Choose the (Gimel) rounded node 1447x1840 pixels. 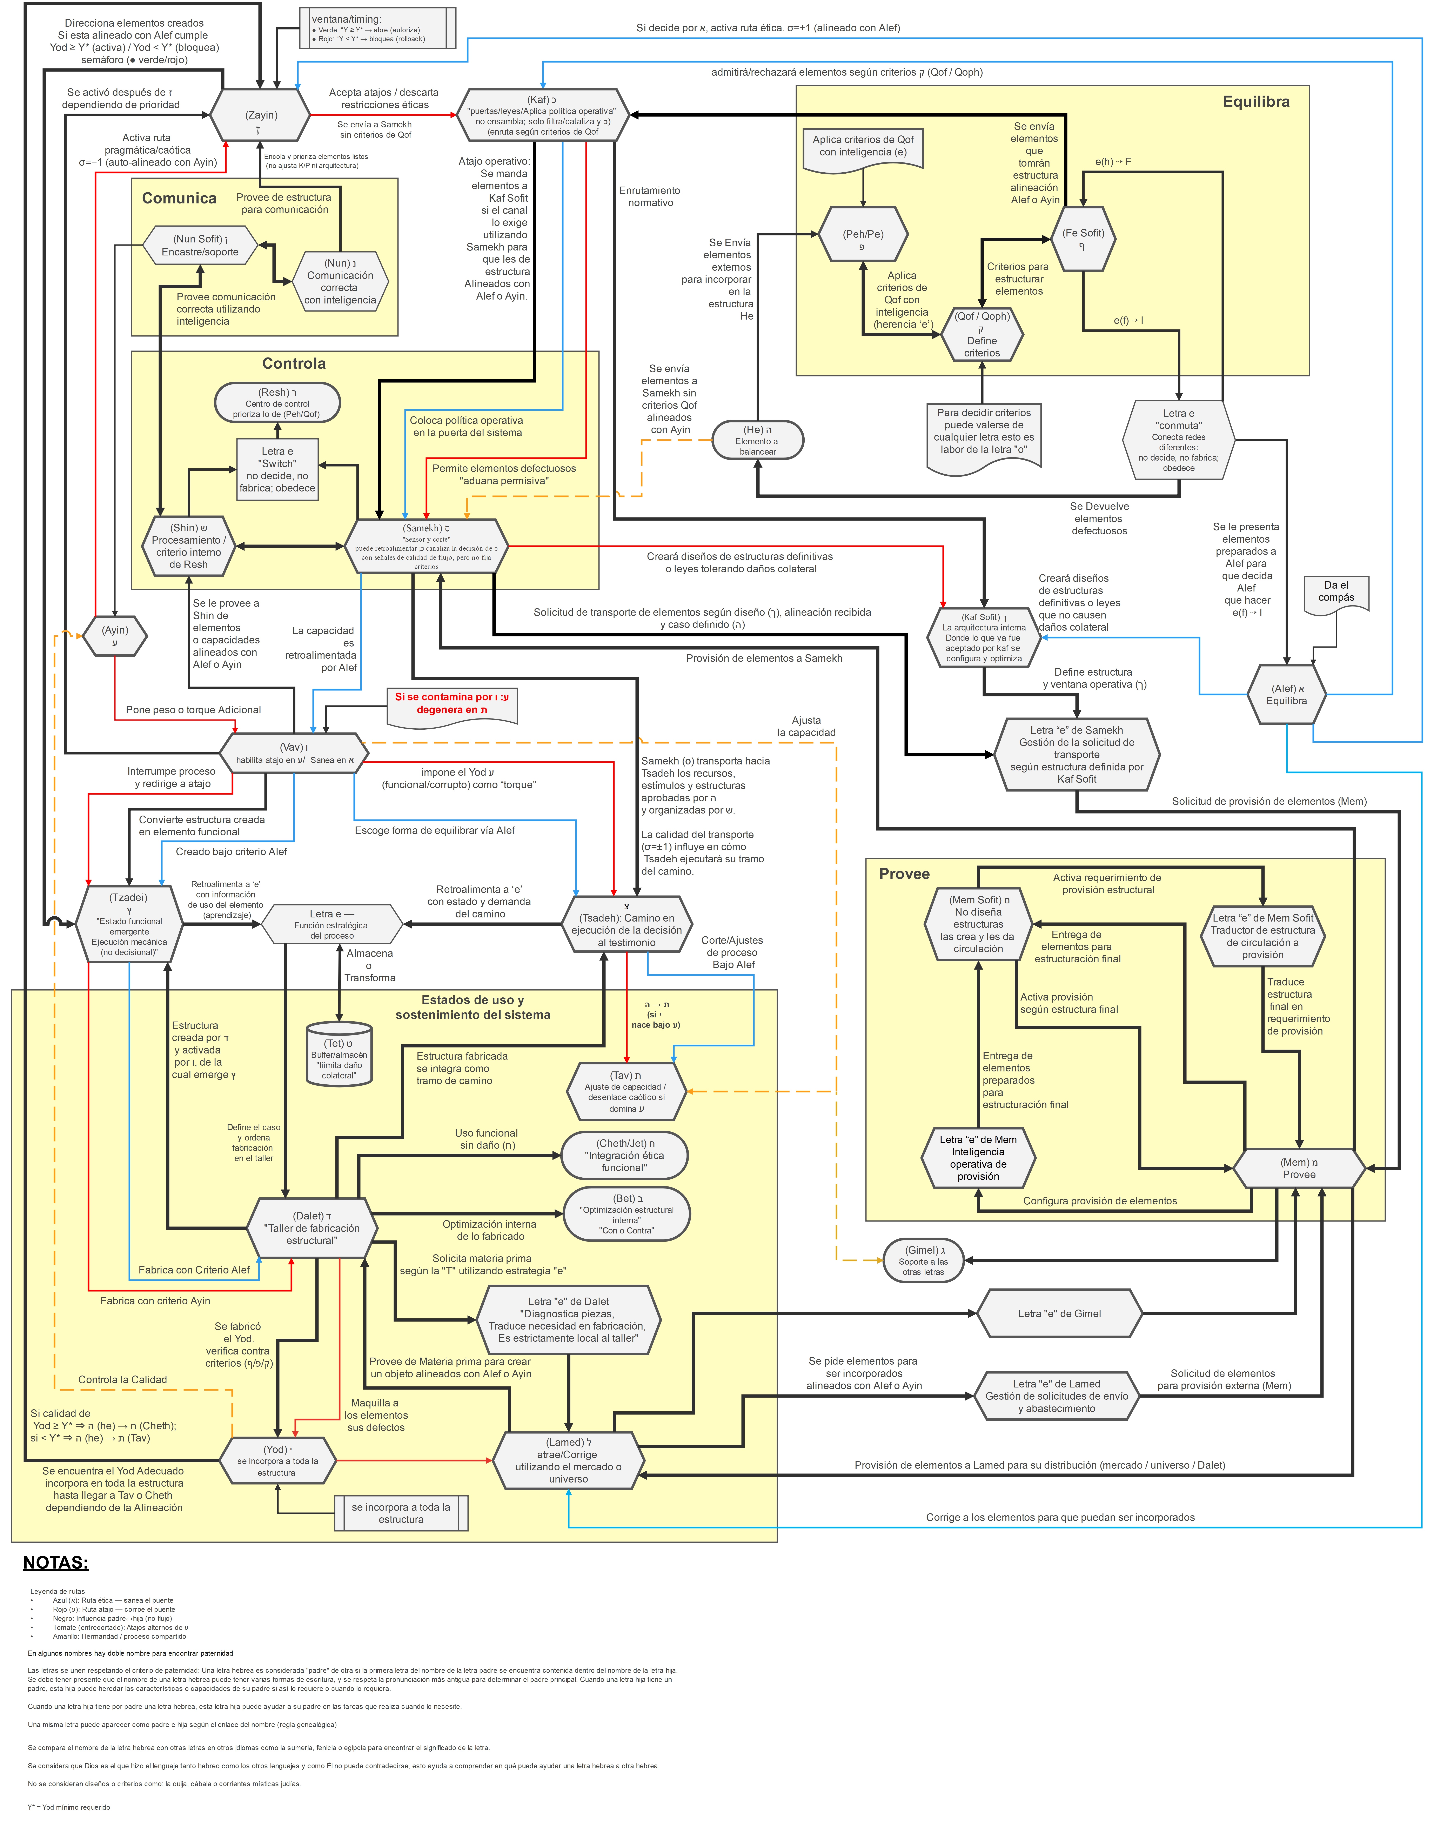tap(923, 1260)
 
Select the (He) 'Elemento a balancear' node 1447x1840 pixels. tap(757, 440)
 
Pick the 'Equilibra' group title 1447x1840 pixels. tap(1255, 102)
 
